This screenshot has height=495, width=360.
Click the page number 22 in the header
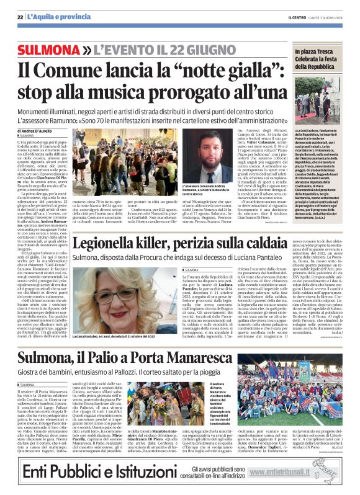click(20, 17)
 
